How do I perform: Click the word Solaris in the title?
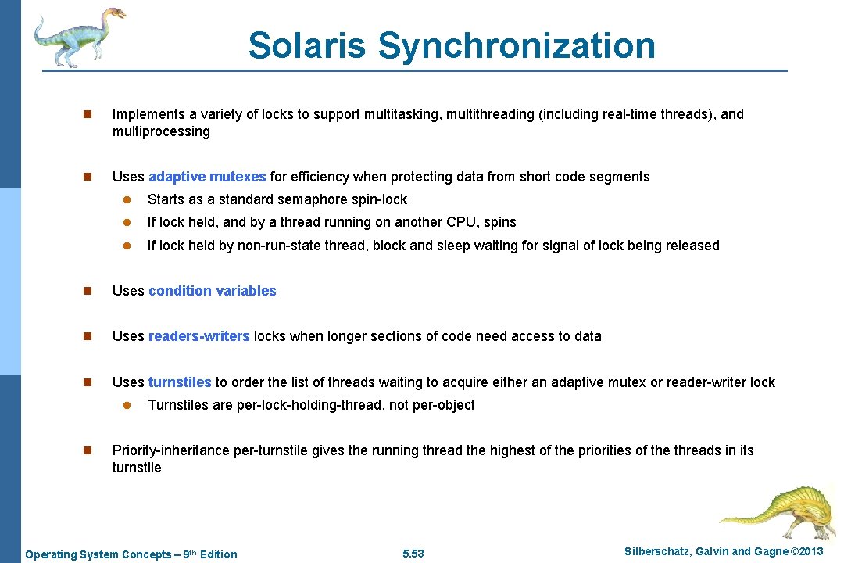[x=306, y=45]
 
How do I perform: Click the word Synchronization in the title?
[x=517, y=45]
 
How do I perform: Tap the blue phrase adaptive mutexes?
[x=207, y=177]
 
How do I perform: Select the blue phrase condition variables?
[x=212, y=291]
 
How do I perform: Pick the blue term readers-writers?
[x=198, y=336]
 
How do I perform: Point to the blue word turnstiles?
[x=180, y=382]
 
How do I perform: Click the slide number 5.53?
[x=413, y=554]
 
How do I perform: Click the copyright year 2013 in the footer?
[x=810, y=552]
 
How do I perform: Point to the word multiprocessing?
[x=161, y=131]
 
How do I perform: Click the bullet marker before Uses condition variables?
[x=88, y=291]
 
